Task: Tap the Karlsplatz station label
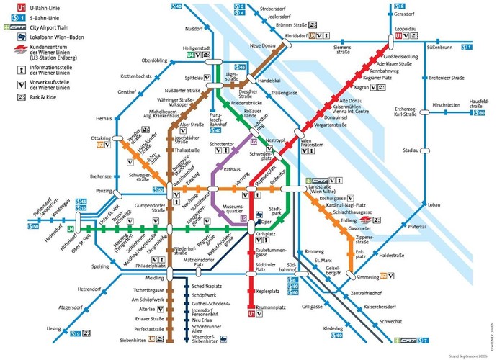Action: (x=267, y=235)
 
